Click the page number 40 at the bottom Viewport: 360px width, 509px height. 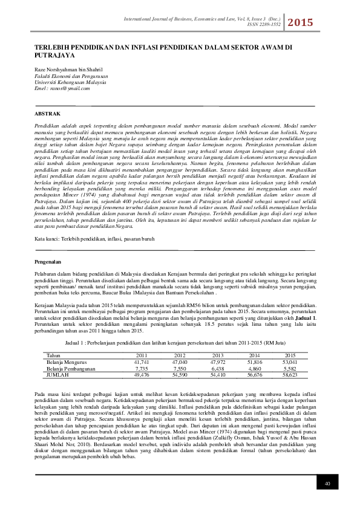pyautogui.click(x=327, y=484)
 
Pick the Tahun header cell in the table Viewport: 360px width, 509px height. pyautogui.click(x=53, y=355)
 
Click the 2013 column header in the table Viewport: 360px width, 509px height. pyautogui.click(x=217, y=355)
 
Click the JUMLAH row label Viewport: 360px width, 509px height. pyautogui.click(x=57, y=374)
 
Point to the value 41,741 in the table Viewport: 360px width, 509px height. pyautogui.click(x=141, y=361)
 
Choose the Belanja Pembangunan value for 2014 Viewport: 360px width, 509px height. pyautogui.click(x=255, y=368)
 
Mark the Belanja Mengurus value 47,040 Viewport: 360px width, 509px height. pyautogui.click(x=180, y=361)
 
